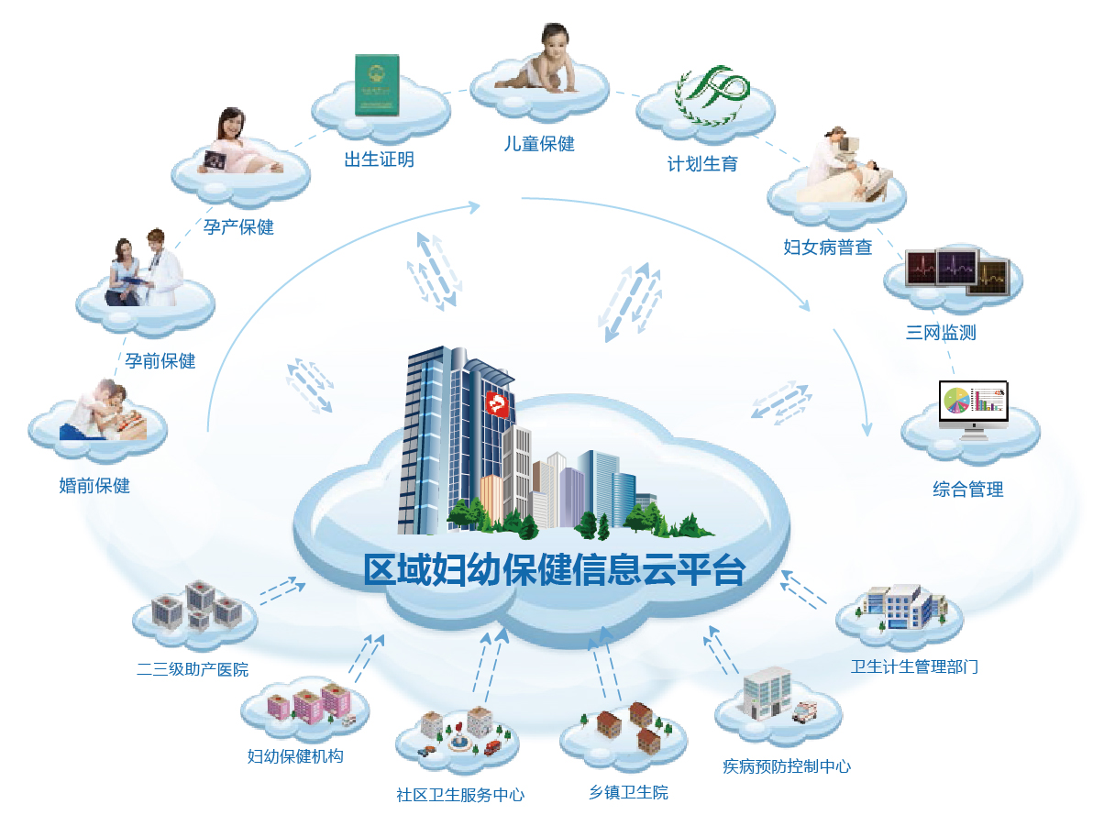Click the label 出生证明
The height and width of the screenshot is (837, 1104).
point(379,160)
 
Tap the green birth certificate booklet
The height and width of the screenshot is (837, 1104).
point(378,85)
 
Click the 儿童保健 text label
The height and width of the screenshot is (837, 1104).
point(539,143)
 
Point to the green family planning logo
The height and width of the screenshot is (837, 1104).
point(712,94)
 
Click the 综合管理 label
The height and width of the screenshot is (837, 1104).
point(968,490)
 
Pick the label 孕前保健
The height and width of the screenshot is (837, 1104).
point(160,360)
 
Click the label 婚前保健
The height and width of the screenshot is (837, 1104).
point(94,486)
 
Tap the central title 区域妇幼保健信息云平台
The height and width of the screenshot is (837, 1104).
point(554,570)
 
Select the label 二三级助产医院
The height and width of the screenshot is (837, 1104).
point(193,669)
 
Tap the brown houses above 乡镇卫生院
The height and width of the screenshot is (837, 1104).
point(631,725)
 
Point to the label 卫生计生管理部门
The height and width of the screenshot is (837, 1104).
point(914,666)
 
